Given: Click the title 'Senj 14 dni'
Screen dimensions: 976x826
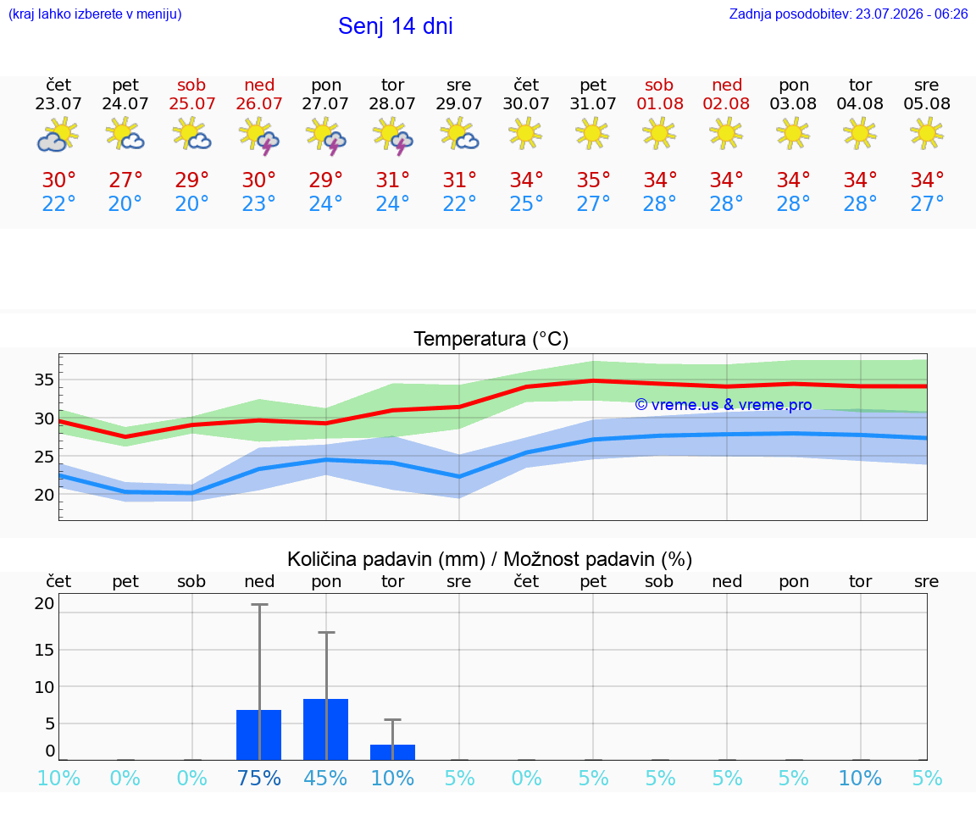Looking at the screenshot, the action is [396, 26].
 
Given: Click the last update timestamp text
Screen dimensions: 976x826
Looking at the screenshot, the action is [848, 14].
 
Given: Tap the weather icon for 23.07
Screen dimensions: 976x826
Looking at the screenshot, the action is [58, 135].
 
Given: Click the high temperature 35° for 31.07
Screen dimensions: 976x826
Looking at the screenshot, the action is [592, 180].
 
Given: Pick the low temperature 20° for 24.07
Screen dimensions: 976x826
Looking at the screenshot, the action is [125, 203].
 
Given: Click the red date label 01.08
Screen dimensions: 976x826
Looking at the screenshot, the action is [660, 104].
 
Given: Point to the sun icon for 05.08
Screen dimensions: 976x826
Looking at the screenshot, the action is [927, 134].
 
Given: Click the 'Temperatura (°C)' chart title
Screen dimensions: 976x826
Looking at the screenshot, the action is [491, 339].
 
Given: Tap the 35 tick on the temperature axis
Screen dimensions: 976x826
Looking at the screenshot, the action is [44, 380].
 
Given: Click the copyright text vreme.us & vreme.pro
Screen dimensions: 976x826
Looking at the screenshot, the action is [724, 405].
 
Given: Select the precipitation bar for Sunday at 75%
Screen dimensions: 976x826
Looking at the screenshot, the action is [259, 735].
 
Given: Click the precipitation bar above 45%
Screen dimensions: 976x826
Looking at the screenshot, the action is [325, 729].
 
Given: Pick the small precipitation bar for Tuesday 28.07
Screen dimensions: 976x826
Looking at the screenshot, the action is [393, 752].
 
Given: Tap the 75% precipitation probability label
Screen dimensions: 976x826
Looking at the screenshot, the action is [259, 778].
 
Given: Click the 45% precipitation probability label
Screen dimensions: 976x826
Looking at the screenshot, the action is [325, 778].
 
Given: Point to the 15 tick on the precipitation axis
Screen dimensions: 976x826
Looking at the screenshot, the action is [44, 650].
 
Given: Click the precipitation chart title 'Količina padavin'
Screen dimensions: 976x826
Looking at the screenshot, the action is [386, 559].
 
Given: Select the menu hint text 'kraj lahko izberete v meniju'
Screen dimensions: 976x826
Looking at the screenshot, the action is [95, 14].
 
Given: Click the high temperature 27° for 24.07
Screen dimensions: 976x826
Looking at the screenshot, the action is [125, 180].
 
